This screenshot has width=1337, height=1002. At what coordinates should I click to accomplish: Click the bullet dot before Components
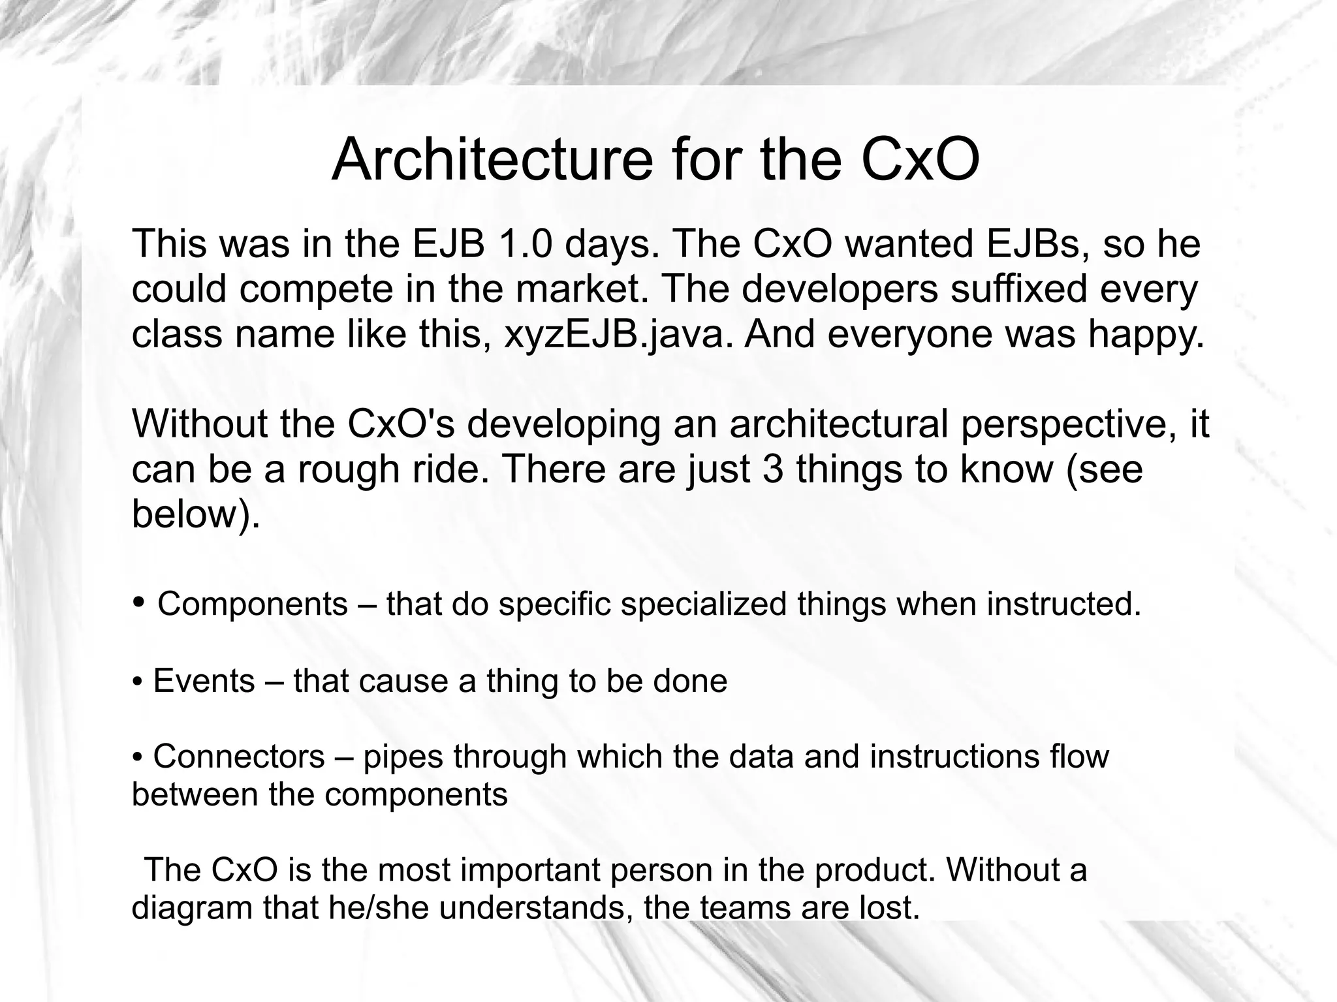138,601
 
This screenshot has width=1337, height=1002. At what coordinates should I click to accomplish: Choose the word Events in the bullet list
204,681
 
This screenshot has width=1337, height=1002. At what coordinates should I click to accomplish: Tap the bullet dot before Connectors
137,757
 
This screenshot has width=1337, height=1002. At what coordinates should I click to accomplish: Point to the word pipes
403,758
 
